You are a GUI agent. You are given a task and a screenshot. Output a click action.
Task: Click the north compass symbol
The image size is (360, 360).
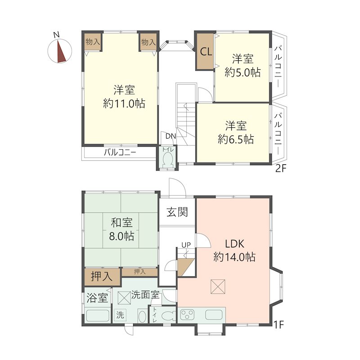60,51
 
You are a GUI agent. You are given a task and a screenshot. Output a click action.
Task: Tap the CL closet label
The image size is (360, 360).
206,52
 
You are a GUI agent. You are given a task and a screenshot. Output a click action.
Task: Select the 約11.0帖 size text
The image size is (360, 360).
124,103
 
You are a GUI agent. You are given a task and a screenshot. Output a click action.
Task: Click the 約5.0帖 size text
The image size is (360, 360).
243,72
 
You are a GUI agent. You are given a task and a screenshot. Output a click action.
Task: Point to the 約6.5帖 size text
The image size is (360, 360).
236,139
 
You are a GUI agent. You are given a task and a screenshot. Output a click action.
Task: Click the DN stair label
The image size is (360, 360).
171,136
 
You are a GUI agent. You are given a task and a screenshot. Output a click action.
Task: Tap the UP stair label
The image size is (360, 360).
186,245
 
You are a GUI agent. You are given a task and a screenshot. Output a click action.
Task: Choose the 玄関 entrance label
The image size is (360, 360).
177,212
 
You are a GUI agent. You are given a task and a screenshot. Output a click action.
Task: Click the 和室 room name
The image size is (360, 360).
121,222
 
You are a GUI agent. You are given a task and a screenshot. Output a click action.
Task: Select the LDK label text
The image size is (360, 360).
234,244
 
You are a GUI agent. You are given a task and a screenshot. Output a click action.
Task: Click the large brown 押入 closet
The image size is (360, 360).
102,276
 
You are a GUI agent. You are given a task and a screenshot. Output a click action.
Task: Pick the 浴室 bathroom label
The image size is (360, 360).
97,298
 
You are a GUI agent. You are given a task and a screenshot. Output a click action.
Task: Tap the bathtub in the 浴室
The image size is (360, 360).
97,316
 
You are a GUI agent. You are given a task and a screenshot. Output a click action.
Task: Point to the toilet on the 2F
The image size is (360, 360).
167,160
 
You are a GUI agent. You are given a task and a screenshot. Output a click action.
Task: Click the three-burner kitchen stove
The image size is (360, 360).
187,315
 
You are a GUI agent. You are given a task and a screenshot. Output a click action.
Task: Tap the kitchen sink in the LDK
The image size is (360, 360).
213,315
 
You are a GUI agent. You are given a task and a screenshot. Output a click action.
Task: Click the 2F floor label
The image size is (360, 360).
281,169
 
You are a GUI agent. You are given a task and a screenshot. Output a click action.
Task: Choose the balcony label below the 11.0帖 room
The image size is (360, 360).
120,152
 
